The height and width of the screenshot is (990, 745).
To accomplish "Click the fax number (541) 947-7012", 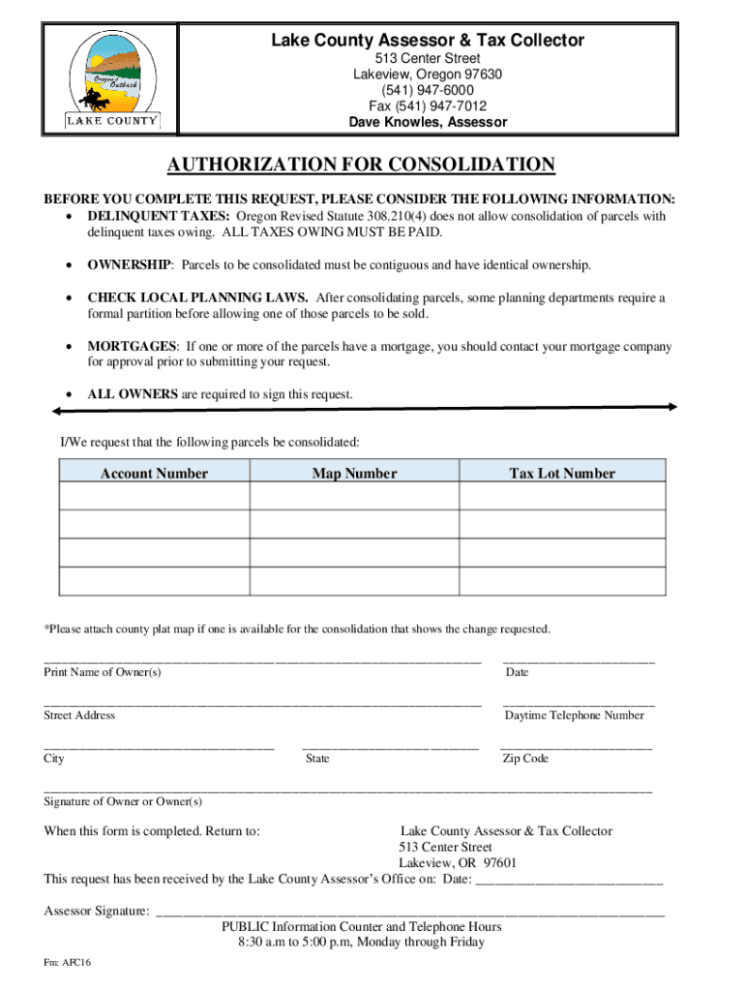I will [x=427, y=106].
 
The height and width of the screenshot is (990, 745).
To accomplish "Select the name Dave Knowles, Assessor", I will [x=427, y=123].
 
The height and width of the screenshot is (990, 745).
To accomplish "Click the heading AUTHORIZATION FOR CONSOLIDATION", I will [x=361, y=165].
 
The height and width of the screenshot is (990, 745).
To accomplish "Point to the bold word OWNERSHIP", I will [x=130, y=265].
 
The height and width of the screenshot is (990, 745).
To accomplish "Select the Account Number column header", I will [x=154, y=474].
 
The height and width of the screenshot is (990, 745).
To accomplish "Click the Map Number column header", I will [x=354, y=474].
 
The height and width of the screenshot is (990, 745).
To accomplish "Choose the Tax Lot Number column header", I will [x=562, y=474].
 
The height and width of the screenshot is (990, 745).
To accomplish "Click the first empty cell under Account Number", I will [x=154, y=496].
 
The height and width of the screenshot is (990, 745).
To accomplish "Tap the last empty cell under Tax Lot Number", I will [x=562, y=581].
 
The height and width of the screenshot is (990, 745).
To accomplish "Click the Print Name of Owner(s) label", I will [x=103, y=672].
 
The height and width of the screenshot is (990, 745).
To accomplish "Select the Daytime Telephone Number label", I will [x=574, y=715].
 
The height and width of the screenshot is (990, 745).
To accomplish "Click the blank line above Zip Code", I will [x=576, y=747].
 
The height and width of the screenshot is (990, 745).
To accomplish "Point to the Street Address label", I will [x=79, y=715].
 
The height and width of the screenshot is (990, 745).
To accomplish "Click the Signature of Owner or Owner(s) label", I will [x=123, y=801].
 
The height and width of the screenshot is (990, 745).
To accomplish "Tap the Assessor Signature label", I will [x=97, y=911].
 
